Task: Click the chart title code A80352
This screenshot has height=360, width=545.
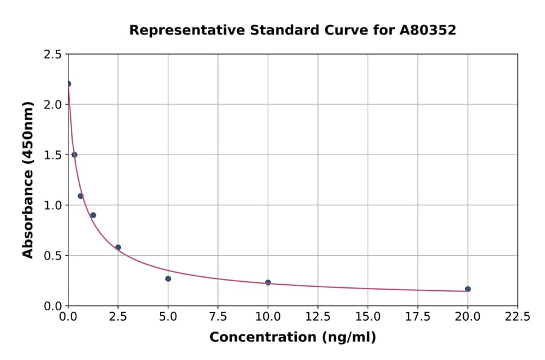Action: coord(428,30)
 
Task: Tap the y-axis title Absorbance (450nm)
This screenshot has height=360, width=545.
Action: coord(28,179)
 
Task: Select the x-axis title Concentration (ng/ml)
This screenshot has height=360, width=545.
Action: coord(292,338)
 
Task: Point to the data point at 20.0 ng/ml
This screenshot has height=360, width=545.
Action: coord(467,289)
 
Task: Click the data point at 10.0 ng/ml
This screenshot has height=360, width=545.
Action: coord(268,282)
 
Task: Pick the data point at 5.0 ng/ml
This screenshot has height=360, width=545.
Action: coord(168,279)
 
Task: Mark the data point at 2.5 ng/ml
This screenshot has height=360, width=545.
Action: coord(118,247)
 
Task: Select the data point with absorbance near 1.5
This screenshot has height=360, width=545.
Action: coord(74,155)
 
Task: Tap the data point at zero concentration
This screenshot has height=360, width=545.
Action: coord(68,84)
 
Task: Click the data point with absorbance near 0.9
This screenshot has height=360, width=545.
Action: coord(93,215)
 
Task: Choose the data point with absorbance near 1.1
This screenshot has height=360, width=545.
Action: coord(81,196)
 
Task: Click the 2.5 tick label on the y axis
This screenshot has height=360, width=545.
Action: coord(53,55)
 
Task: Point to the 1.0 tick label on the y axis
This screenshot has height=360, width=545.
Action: coord(53,205)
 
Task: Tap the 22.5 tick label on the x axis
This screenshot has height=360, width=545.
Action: coord(517,317)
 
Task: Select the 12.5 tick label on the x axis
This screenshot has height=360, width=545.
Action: coord(317,317)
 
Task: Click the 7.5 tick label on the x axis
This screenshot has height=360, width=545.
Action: coord(218,317)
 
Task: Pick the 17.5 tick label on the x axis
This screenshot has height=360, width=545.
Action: coord(417,317)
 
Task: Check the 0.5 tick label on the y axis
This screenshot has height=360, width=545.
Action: coord(53,256)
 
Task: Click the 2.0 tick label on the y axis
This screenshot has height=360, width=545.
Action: coord(53,105)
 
